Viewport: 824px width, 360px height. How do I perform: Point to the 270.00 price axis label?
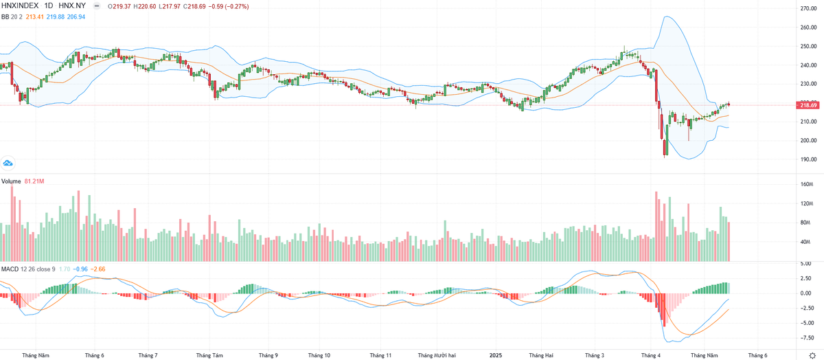(x=808, y=9)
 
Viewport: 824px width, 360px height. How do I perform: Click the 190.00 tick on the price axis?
(x=808, y=159)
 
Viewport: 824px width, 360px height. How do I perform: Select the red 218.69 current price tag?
(x=808, y=104)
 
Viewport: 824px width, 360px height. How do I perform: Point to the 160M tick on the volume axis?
(x=806, y=185)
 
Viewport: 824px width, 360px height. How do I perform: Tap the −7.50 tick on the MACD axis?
(x=808, y=337)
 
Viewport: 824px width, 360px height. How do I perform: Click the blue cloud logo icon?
(x=8, y=164)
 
